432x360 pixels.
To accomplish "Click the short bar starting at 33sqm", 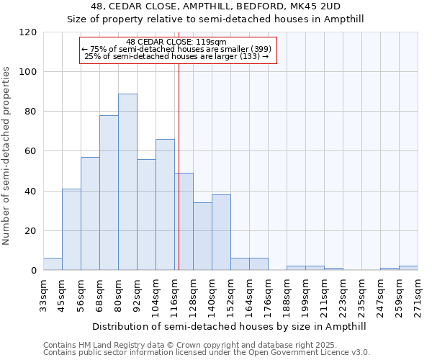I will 53,264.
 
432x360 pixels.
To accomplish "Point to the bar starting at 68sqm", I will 109,193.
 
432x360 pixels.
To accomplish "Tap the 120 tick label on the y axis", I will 28,32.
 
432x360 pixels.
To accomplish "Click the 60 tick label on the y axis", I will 31,151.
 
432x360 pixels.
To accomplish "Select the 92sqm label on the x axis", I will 138,293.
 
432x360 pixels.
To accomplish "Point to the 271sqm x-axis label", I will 418,293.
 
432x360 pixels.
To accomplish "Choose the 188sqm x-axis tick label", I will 287,293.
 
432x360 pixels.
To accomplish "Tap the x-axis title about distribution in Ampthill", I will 230,326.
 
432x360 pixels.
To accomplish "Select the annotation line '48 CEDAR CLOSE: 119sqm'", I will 176,42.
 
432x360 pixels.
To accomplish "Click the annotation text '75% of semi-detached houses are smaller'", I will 176,49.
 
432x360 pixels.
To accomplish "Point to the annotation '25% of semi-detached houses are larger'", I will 176,56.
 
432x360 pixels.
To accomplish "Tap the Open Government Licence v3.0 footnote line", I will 207,353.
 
